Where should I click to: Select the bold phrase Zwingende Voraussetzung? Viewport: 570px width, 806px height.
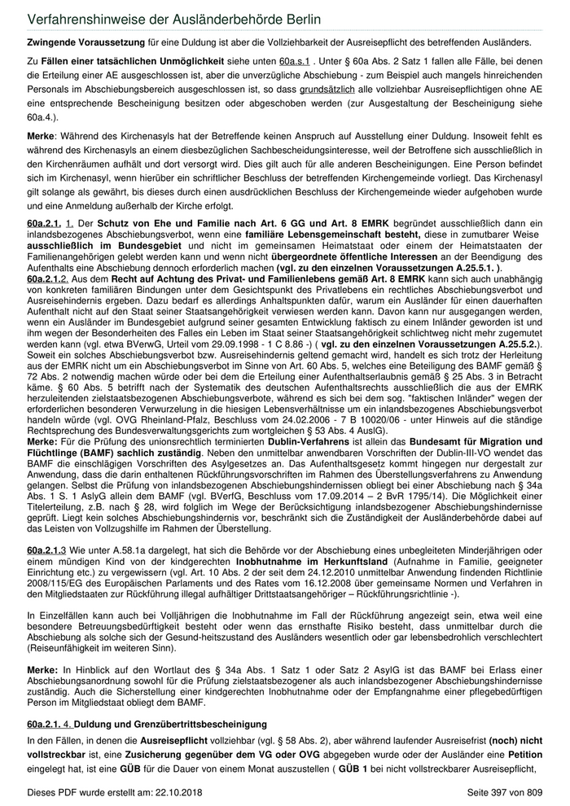coord(77,42)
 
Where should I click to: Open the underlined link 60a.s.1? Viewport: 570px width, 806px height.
coord(295,62)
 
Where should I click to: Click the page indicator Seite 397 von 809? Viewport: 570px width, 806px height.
coord(505,792)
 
